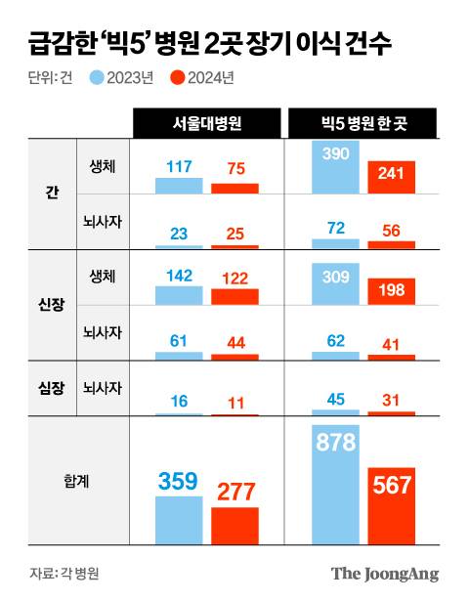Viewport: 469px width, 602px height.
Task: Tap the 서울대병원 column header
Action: click(206, 123)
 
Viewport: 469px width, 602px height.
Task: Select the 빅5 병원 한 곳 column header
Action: click(362, 123)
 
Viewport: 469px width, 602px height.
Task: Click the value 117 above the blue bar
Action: click(178, 167)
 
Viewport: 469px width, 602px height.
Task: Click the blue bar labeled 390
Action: click(335, 166)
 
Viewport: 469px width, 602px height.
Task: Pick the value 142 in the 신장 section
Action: click(178, 277)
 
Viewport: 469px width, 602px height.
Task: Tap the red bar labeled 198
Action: click(392, 288)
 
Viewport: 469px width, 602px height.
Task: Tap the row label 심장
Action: click(37, 387)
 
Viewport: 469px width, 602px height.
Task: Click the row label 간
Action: click(37, 193)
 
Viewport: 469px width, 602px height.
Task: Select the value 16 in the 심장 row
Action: click(178, 400)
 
